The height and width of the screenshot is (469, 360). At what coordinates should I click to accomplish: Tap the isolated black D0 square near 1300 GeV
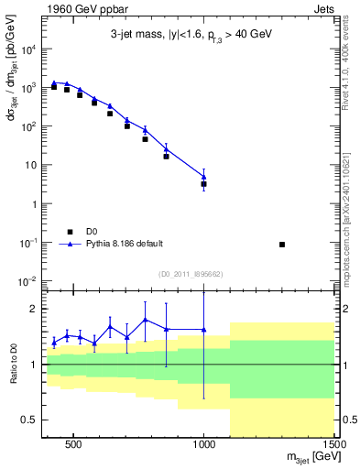tap(282, 245)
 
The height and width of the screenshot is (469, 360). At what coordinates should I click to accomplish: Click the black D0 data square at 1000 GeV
tap(204, 184)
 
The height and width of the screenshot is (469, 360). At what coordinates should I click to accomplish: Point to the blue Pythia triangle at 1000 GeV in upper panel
tap(204, 177)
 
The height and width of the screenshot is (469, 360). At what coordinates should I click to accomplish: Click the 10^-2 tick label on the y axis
tap(27, 281)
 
